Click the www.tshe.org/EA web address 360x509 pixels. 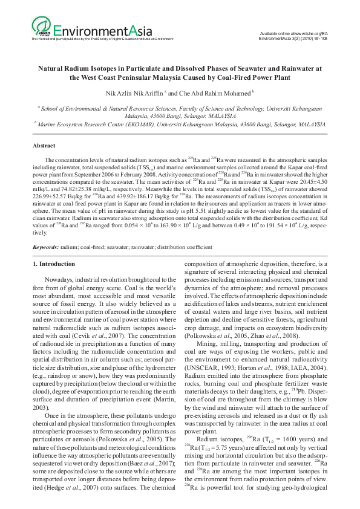(308, 33)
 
